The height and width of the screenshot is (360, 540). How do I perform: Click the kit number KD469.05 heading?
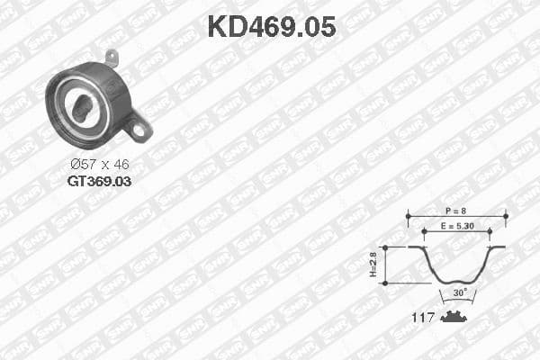point(271,26)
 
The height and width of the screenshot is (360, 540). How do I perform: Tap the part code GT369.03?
point(99,181)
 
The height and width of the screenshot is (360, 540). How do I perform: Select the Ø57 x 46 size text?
point(99,165)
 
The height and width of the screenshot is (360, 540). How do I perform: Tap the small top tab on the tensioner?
point(112,57)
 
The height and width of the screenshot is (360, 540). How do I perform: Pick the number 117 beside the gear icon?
point(423,317)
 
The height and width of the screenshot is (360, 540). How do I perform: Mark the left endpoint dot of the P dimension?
point(408,216)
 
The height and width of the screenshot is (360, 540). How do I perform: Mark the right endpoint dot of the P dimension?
point(506,216)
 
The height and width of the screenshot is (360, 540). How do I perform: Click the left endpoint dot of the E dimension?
point(423,231)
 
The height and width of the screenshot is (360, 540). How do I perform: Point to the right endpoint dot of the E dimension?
point(490,231)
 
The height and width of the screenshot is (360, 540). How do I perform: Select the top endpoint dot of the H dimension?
point(385,247)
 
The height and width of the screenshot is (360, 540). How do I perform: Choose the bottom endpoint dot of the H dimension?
point(385,283)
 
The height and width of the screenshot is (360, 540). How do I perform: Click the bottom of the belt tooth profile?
point(456,282)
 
